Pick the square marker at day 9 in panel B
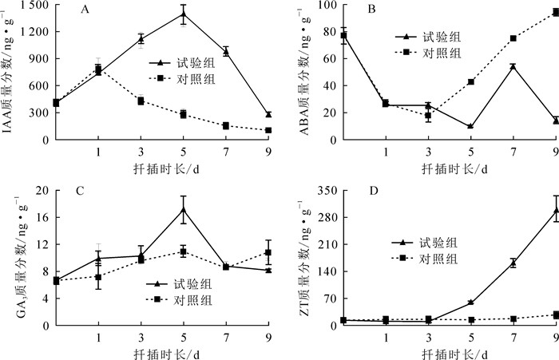(x=555, y=12)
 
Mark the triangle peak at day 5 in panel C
(x=184, y=210)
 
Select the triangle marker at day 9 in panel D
(x=555, y=211)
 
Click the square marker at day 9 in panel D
(x=555, y=315)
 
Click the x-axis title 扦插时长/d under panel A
(x=162, y=168)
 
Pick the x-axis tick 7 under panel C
(x=226, y=336)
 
